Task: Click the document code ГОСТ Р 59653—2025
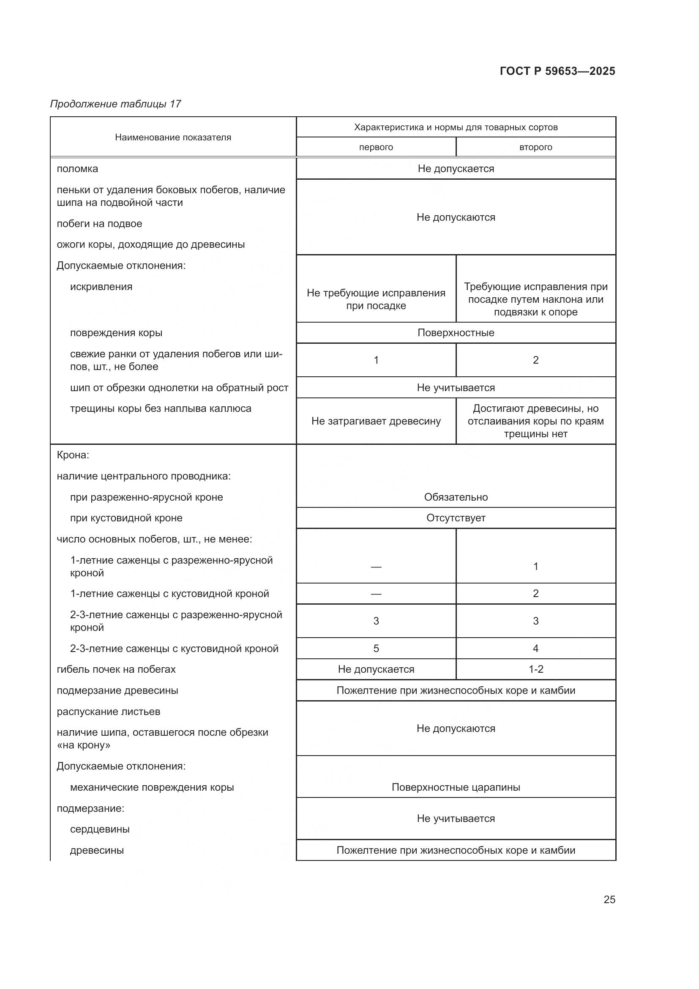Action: pyautogui.click(x=557, y=71)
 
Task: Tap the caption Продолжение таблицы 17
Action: pyautogui.click(x=115, y=104)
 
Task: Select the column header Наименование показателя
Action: pyautogui.click(x=172, y=137)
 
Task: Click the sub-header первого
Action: pyautogui.click(x=376, y=147)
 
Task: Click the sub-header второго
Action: pyautogui.click(x=535, y=147)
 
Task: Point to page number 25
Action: pyautogui.click(x=609, y=899)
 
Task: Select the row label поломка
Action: pyautogui.click(x=77, y=169)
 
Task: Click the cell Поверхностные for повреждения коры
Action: pyautogui.click(x=456, y=333)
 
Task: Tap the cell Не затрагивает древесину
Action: pyautogui.click(x=376, y=421)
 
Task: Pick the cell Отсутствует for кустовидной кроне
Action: pyautogui.click(x=456, y=518)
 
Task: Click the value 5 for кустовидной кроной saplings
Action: pyautogui.click(x=376, y=649)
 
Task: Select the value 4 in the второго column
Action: pyautogui.click(x=535, y=649)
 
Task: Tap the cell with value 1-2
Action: pyautogui.click(x=535, y=669)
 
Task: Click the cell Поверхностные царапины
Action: pyautogui.click(x=456, y=787)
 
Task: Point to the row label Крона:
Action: pyautogui.click(x=73, y=455)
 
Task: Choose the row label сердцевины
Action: pyautogui.click(x=100, y=829)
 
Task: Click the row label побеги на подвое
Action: pyautogui.click(x=99, y=224)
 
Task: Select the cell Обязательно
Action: pyautogui.click(x=456, y=497)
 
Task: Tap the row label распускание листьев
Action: pyautogui.click(x=109, y=712)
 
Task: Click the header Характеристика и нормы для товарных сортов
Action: pyautogui.click(x=456, y=128)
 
